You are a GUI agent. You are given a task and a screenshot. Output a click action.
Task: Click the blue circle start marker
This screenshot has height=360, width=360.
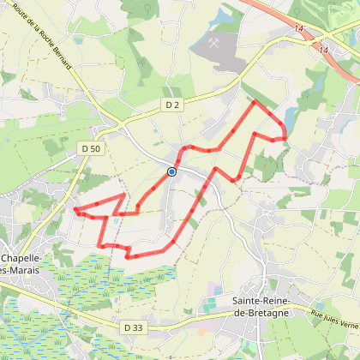pyautogui.click(x=171, y=171)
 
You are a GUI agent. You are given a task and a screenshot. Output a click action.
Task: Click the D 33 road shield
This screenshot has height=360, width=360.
pyautogui.click(x=132, y=327)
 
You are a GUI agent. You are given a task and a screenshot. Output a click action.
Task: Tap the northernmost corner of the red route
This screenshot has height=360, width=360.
pyautogui.click(x=255, y=101)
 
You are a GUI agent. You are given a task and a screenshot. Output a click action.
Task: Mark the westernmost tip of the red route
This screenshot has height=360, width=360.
pyautogui.click(x=75, y=209)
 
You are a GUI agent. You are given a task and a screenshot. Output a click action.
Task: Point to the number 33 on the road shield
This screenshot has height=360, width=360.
pyautogui.click(x=136, y=327)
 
